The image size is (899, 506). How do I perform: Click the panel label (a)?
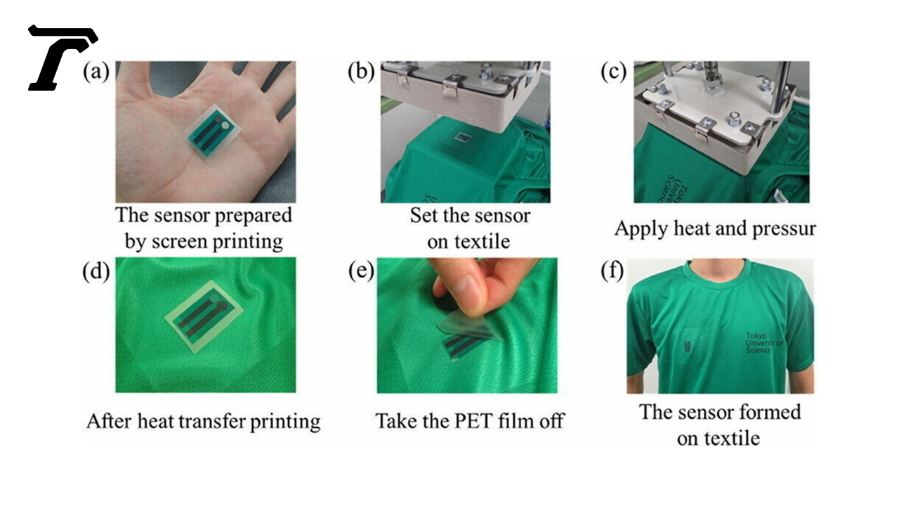(96, 72)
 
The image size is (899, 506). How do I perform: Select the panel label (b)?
(361, 72)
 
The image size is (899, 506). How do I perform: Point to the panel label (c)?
(613, 72)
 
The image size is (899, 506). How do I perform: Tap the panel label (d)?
(96, 272)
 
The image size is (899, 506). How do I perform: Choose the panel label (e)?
(361, 272)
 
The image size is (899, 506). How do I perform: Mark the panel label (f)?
(612, 272)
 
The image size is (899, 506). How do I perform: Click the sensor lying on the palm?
(214, 134)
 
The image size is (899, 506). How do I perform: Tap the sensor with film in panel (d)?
(204, 316)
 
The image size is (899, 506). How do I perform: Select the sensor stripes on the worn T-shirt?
(687, 346)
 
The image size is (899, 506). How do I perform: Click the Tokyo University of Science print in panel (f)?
(764, 342)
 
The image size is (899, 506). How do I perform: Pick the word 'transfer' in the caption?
(211, 421)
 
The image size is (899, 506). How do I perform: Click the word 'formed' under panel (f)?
(770, 412)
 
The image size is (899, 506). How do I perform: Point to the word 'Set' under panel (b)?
(424, 216)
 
